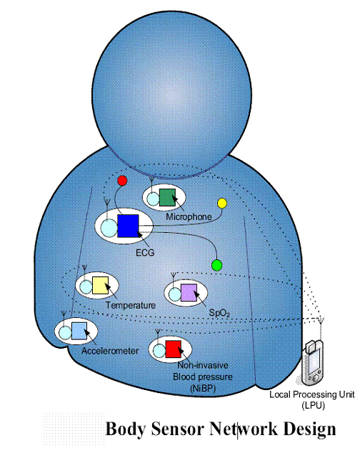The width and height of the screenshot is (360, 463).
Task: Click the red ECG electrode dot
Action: [122, 181]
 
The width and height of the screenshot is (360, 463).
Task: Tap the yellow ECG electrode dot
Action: [222, 203]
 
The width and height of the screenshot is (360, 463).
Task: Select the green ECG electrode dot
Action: [217, 265]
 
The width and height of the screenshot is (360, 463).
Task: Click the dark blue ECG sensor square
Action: [128, 226]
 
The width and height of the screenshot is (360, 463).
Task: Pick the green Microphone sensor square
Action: [167, 197]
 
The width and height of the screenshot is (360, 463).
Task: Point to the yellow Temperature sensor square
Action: [100, 285]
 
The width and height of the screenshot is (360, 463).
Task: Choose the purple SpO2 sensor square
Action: [189, 293]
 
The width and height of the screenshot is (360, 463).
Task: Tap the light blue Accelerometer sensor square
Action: [79, 331]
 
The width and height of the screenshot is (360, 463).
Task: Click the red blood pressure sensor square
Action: [173, 349]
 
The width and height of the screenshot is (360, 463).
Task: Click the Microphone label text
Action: [189, 217]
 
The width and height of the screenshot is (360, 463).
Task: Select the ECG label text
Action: [145, 253]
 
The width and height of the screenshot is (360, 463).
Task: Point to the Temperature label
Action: [131, 305]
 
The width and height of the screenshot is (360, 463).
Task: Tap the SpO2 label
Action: [219, 313]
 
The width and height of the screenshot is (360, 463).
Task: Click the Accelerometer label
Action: [110, 351]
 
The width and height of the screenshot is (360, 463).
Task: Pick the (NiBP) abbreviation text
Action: [203, 388]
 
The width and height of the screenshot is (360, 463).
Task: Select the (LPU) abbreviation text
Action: [313, 405]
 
